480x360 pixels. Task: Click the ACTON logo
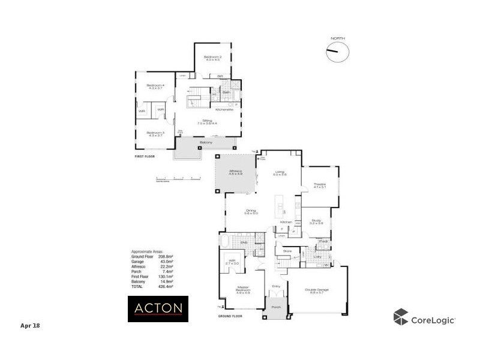tap(158, 308)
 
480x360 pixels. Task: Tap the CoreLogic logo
tap(424, 318)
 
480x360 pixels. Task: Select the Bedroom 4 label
tap(155, 87)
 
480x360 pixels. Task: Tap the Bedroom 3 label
tap(155, 134)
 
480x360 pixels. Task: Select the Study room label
tap(316, 221)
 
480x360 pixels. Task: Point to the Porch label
tap(276, 307)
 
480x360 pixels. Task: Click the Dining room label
tap(251, 211)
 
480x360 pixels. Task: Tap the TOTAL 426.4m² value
tap(164, 287)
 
